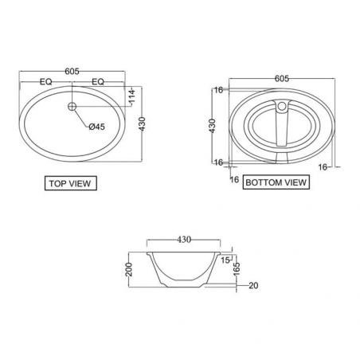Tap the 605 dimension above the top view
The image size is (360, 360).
click(x=72, y=72)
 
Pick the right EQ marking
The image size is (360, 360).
click(x=100, y=82)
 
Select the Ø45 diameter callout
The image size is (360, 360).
click(x=96, y=127)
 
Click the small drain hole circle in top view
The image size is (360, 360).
click(x=72, y=105)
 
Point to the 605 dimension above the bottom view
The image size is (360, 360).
click(x=280, y=78)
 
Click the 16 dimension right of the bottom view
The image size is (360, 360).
click(x=323, y=167)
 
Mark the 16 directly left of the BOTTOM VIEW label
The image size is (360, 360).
click(x=234, y=180)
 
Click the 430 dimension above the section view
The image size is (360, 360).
click(x=183, y=238)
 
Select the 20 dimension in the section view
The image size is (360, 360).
click(x=253, y=286)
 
